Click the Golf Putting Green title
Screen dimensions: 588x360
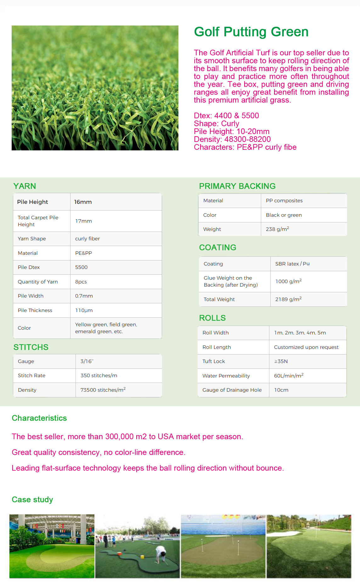pos(251,32)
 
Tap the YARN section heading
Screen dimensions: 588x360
pos(25,186)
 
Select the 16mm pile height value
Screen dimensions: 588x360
pos(83,202)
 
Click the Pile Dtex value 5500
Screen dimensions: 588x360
pos(81,267)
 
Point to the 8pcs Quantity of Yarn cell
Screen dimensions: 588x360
pos(81,282)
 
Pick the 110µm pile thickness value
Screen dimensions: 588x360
pos(84,311)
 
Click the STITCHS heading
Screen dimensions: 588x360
pos(31,347)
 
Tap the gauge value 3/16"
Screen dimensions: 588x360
pos(87,361)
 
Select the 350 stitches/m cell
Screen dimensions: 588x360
pos(99,376)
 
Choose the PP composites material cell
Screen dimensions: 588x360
pos(284,201)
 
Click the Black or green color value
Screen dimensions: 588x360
pos(284,215)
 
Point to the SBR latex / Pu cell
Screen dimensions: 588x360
pos(292,264)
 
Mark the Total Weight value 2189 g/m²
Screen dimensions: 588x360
pos(288,299)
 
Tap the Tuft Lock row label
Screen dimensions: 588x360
pos(214,361)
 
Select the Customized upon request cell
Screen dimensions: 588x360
pos(306,347)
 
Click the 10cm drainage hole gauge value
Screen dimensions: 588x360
pos(281,390)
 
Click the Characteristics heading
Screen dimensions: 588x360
pos(39,418)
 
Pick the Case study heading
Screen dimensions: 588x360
pos(32,500)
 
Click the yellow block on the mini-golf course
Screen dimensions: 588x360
pos(142,557)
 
